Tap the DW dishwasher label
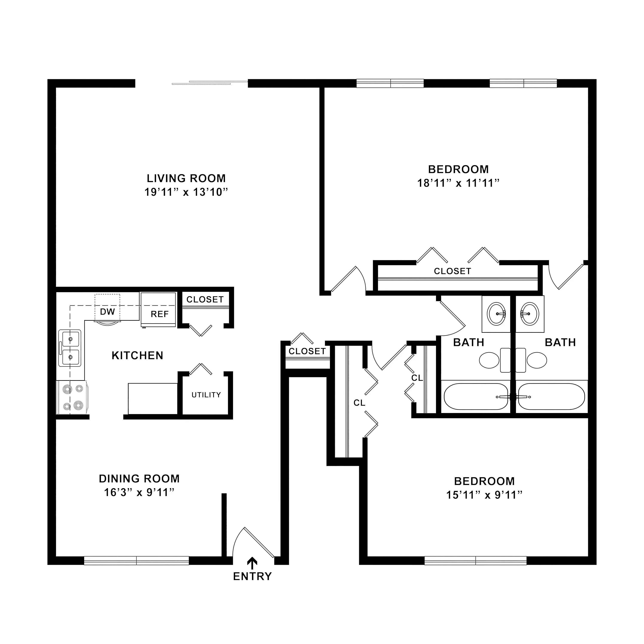click(107, 312)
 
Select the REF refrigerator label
click(160, 314)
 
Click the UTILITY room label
click(206, 395)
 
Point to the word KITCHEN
click(137, 356)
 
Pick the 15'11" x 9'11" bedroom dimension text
click(484, 495)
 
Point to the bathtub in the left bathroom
click(476, 397)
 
